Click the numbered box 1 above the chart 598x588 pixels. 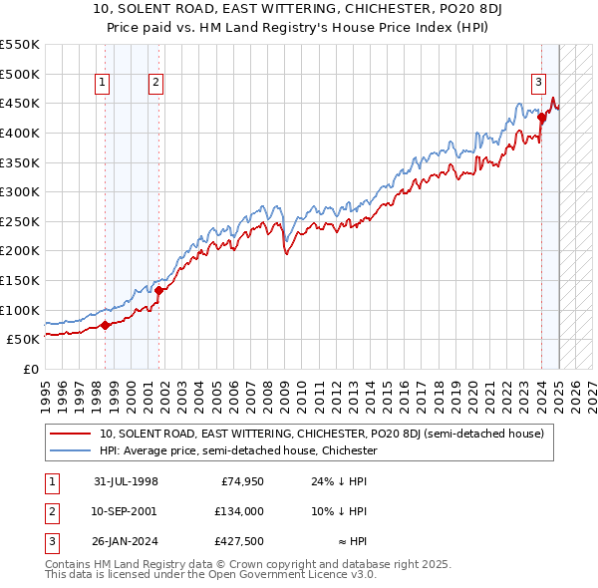point(104,84)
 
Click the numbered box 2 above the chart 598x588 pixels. point(156,84)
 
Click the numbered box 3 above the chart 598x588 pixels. point(538,84)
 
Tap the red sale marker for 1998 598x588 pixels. point(105,324)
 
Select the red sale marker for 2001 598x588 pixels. point(158,290)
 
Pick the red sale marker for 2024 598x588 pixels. point(541,117)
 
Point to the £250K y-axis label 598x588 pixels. point(20,221)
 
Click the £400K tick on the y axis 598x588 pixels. point(20,133)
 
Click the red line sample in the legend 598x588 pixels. point(71,435)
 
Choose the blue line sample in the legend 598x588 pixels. point(71,450)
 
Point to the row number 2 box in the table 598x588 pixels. point(49,511)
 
